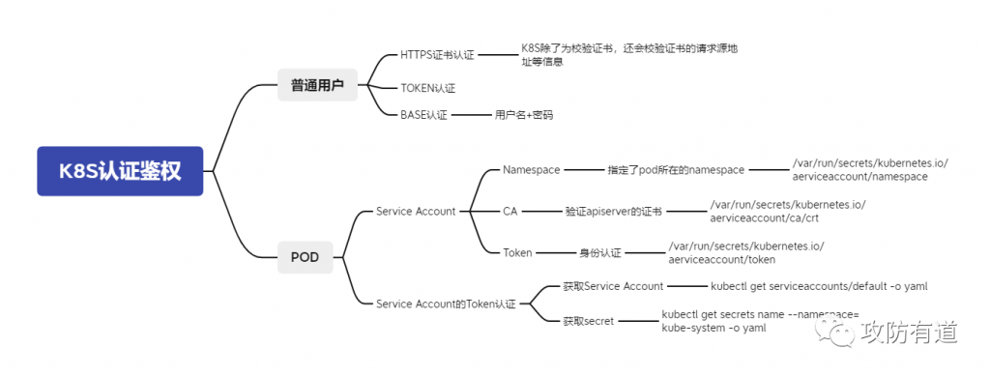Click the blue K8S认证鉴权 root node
point(120,171)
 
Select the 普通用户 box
point(316,85)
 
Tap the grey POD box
point(305,257)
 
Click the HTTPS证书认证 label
point(437,55)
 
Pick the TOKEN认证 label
point(427,88)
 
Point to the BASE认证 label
point(423,115)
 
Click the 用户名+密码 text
point(523,115)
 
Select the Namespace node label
point(531,170)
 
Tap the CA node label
point(510,211)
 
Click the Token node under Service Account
point(517,252)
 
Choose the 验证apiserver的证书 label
point(614,211)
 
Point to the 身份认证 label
point(599,252)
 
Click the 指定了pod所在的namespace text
point(676,170)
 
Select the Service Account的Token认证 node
point(446,304)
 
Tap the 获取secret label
point(588,321)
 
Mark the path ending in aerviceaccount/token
point(745,252)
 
